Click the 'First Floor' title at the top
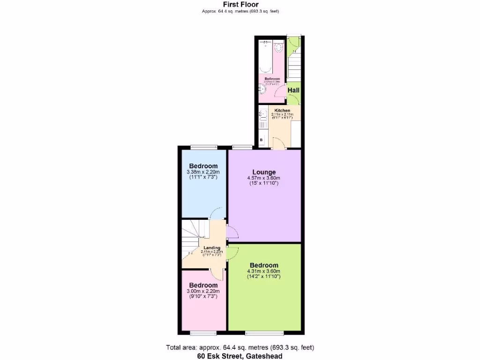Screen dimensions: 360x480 [240, 5]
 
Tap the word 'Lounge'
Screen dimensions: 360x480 [264, 172]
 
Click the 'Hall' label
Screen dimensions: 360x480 [293, 90]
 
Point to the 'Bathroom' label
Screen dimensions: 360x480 [272, 79]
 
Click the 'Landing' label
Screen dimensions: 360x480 [212, 248]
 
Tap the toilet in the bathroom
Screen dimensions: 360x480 [278, 47]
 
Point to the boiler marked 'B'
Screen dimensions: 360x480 [261, 140]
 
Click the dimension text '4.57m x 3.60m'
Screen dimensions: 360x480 [264, 178]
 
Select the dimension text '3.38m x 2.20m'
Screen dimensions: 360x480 [203, 172]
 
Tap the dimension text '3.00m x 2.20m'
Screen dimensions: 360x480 [203, 291]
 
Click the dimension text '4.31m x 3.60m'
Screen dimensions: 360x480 [264, 271]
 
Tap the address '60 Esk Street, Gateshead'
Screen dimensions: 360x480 [240, 356]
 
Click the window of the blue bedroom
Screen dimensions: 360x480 [203, 147]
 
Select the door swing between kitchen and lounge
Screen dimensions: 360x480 [277, 143]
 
